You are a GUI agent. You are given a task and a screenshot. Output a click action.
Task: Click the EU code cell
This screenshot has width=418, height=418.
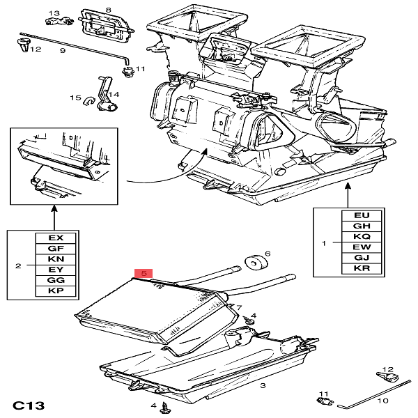[x=362, y=216]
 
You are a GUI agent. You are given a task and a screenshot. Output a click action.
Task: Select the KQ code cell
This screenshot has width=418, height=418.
[x=362, y=236]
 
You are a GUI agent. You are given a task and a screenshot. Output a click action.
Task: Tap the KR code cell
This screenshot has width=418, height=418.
[x=362, y=268]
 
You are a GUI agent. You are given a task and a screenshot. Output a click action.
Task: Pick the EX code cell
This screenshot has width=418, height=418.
[x=56, y=238]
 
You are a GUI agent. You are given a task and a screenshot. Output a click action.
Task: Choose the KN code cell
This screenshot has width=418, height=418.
[x=56, y=258]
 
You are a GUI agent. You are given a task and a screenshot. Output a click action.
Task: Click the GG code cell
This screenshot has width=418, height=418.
[x=56, y=279]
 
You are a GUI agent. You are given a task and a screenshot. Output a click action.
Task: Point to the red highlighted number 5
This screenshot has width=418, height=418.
[x=144, y=274]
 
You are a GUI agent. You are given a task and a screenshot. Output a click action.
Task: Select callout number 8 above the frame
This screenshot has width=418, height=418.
[x=108, y=9]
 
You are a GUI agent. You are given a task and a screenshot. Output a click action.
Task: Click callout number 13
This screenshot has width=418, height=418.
[x=55, y=13]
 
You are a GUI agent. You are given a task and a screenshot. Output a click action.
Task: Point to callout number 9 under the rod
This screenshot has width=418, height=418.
[x=62, y=51]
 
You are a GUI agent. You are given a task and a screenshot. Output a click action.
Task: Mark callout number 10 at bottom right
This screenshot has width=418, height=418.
[x=382, y=401]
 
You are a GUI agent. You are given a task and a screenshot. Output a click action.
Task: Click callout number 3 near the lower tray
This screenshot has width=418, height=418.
[x=262, y=385]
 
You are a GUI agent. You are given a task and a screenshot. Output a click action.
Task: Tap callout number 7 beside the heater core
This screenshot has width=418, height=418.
[x=239, y=307]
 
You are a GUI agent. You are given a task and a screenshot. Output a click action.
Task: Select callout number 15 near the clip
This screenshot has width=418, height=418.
[x=79, y=98]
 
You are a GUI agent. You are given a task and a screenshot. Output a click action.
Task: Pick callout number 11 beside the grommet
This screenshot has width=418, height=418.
[x=139, y=69]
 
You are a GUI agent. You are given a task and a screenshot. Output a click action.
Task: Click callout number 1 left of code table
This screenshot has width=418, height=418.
[x=323, y=243]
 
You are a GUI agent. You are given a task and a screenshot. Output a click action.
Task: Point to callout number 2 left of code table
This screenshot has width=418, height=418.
[x=18, y=265]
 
